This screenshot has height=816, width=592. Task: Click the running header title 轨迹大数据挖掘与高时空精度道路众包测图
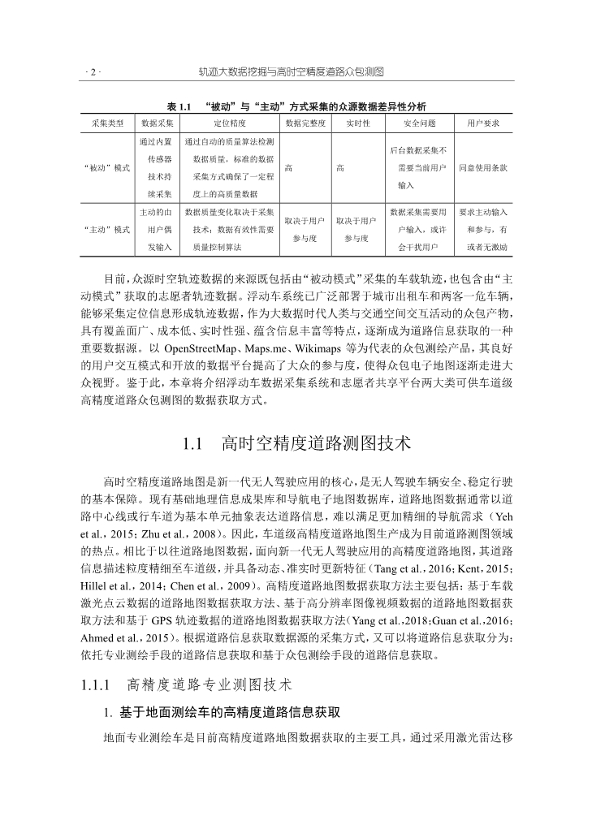291,72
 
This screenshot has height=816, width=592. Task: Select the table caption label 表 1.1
177,106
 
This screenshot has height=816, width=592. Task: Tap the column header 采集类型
107,123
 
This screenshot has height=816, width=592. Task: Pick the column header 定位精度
230,123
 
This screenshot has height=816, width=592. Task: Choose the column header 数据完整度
305,123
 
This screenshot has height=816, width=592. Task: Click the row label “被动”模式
107,168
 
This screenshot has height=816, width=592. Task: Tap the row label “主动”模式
107,230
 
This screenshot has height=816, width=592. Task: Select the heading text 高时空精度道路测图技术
316,444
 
